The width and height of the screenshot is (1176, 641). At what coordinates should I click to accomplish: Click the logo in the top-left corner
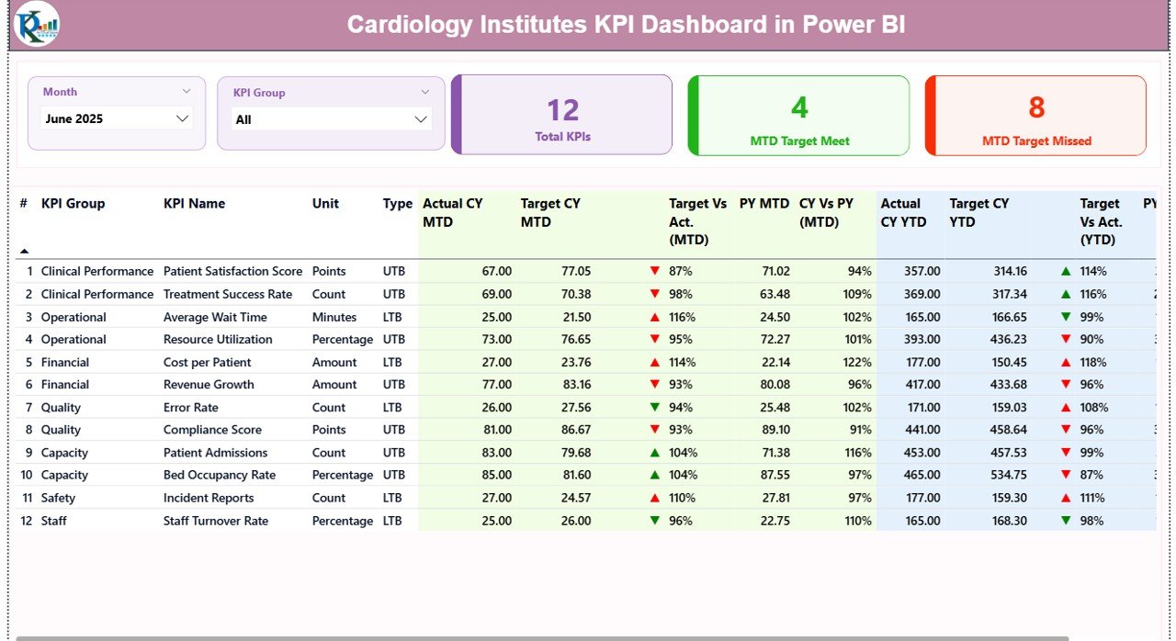tap(37, 25)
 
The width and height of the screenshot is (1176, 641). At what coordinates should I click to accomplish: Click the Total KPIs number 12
tap(562, 110)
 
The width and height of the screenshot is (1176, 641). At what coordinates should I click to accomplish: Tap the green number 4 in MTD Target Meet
tap(799, 107)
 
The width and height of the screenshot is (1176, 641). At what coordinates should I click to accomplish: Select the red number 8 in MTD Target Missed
tap(1036, 107)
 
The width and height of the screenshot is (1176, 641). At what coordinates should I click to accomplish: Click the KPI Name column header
tap(194, 204)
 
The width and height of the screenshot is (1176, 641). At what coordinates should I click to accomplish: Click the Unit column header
tap(325, 204)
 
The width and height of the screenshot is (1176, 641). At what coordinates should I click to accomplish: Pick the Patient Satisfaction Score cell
tap(232, 272)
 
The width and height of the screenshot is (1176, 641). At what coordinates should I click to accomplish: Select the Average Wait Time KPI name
tap(215, 317)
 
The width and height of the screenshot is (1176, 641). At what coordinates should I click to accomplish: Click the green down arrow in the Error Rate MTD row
tap(654, 407)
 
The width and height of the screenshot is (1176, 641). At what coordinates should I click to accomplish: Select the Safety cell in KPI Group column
tap(58, 498)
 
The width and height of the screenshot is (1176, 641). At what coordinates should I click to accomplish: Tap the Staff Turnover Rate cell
tap(216, 521)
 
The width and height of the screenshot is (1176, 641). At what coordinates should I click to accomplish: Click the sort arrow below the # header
tap(24, 251)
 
